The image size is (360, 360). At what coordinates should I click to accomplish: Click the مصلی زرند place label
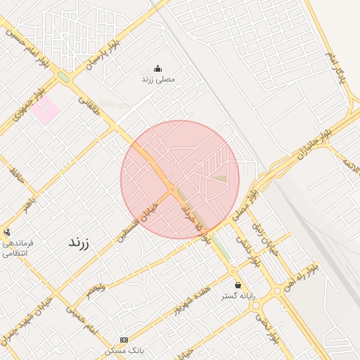(x=157, y=79)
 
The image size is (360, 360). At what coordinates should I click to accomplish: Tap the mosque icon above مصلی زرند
(x=157, y=69)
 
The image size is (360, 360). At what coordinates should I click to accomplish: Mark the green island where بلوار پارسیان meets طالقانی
(x=64, y=76)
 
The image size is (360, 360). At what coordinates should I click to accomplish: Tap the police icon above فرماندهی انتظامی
(x=7, y=231)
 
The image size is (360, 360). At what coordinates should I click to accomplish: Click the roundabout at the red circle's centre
(x=172, y=188)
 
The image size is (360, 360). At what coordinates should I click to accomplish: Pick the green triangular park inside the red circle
(x=220, y=179)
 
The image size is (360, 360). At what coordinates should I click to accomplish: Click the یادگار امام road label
(x=337, y=64)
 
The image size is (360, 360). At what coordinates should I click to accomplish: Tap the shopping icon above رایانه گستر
(x=238, y=285)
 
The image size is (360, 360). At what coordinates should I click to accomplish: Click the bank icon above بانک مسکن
(x=124, y=340)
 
